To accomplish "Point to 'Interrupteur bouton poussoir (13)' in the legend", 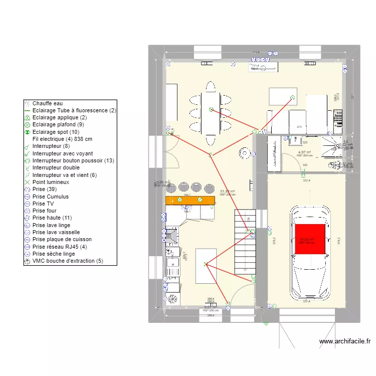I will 73,160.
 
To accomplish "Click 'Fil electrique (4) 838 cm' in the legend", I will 62,139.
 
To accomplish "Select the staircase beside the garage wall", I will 245,242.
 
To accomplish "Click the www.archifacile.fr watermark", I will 345,341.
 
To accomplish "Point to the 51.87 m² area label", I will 228,192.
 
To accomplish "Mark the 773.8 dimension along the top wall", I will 256,52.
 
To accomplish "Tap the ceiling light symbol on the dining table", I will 211,109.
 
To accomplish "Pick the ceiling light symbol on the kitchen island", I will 205,264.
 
